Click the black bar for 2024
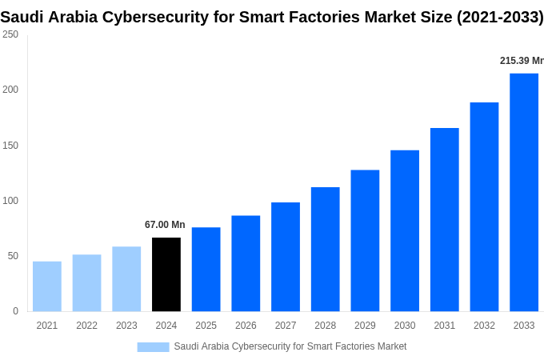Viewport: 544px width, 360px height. tap(166, 274)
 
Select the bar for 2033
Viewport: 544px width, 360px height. tap(524, 192)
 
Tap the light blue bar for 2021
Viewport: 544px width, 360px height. tap(47, 286)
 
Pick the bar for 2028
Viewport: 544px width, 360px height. tap(326, 249)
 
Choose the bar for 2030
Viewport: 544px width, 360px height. tap(405, 230)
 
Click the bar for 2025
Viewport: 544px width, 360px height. tap(206, 269)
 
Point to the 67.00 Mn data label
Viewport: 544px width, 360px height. tap(165, 225)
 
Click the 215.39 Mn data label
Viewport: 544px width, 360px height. tap(521, 61)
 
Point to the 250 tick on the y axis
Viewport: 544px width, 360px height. tap(10, 34)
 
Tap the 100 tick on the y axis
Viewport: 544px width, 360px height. tap(10, 201)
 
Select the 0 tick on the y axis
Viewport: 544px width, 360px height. tap(15, 311)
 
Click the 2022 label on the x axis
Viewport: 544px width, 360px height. tap(86, 326)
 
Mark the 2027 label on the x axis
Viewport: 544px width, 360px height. tap(286, 326)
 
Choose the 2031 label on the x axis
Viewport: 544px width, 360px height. tap(444, 326)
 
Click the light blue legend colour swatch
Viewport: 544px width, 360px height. tap(153, 346)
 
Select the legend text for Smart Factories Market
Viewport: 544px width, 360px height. tap(290, 346)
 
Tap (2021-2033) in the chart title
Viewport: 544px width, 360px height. tap(499, 17)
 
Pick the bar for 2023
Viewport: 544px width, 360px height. tap(126, 278)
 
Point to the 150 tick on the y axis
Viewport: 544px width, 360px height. tap(10, 146)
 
